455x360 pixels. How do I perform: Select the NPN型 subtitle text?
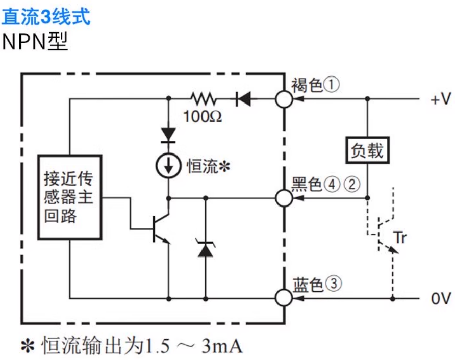click(35, 41)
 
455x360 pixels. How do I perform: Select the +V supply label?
click(440, 99)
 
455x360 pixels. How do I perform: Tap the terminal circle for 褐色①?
click(284, 98)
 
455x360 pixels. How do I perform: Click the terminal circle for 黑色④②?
click(284, 197)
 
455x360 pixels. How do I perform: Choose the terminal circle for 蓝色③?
click(284, 296)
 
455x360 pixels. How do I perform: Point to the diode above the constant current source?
click(168, 134)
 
